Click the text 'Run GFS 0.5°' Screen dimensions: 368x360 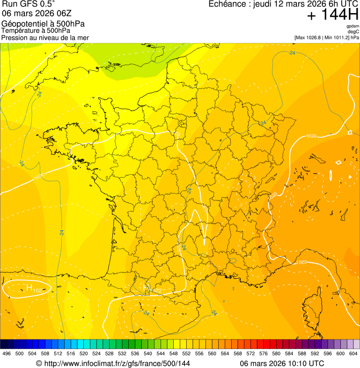point(29,5)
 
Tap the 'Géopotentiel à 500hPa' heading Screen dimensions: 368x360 point(43,24)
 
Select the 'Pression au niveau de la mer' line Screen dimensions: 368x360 point(45,37)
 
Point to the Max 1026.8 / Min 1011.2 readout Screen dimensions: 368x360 point(327,37)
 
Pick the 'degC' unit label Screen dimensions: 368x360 point(353,32)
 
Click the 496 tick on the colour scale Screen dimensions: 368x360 point(7,353)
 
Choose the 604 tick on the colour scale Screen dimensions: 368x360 point(353,353)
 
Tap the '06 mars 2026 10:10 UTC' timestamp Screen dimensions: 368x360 point(282,363)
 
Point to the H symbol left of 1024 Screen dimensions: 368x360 point(29,287)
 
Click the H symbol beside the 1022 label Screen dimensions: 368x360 point(146,287)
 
